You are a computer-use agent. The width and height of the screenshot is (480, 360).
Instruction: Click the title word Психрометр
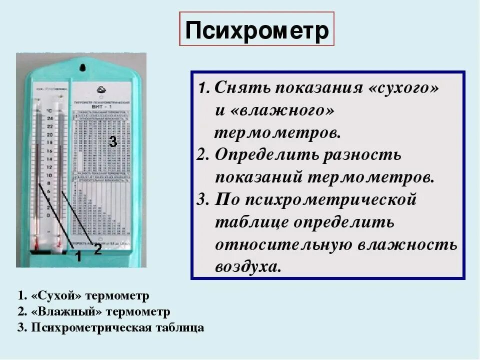256,31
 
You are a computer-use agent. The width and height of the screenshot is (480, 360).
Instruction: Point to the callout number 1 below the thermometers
78,257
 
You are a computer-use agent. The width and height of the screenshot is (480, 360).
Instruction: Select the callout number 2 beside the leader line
98,249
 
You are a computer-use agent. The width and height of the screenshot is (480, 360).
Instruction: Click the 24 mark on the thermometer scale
49,118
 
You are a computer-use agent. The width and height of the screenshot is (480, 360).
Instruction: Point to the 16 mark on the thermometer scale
49,151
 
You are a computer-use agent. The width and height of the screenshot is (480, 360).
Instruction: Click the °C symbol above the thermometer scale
49,110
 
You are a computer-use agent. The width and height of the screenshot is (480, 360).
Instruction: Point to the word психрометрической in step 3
316,199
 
